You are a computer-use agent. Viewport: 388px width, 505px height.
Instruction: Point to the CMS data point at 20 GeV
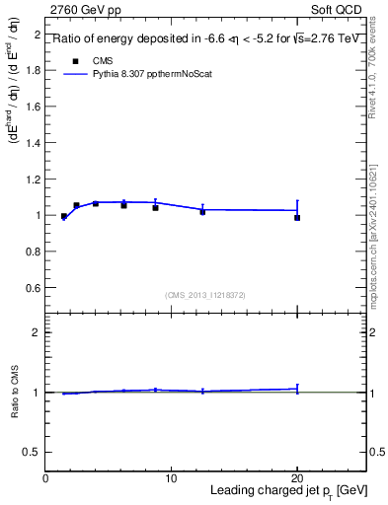[x=297, y=217]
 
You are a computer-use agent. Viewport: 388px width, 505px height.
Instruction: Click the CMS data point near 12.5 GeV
[x=202, y=211]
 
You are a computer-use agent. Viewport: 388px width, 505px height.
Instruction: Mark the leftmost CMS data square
[x=64, y=216]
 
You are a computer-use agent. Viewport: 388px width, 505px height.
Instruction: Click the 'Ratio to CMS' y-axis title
[x=15, y=393]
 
